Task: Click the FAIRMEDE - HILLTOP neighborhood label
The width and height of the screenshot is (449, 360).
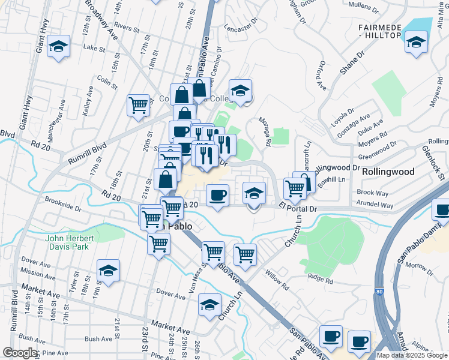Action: [379, 32]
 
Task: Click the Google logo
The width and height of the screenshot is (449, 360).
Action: [20, 353]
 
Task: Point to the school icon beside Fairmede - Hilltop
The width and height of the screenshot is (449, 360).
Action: [415, 43]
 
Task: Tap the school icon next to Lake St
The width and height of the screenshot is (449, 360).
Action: [58, 46]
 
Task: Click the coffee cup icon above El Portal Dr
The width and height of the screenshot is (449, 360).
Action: [217, 194]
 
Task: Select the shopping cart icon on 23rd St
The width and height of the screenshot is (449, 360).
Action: [158, 244]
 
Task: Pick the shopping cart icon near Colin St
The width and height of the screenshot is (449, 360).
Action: [138, 106]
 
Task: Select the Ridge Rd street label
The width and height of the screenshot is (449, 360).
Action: [319, 277]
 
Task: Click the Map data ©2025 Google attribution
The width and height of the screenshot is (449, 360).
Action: [411, 355]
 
